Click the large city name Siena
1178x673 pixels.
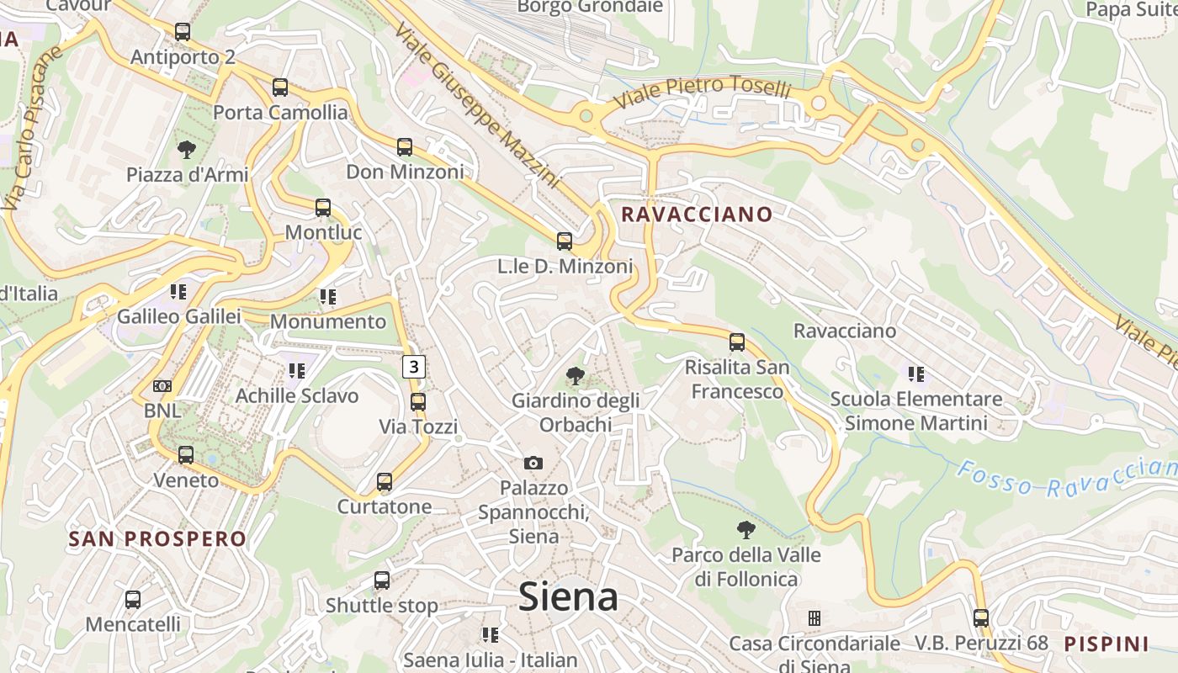(x=568, y=596)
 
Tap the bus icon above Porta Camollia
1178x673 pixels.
(x=280, y=87)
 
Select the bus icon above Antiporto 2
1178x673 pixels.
(x=183, y=32)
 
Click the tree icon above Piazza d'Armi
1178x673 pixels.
(x=187, y=150)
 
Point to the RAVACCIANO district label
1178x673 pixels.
(x=696, y=215)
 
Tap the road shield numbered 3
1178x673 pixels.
(x=414, y=367)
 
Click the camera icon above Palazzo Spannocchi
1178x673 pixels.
(x=533, y=463)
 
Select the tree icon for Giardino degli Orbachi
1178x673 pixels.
(x=576, y=375)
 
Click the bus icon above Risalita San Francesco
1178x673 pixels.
(x=737, y=342)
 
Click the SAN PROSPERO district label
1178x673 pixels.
(x=157, y=539)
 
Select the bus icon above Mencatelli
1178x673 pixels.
(x=133, y=600)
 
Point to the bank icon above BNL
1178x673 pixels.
(x=162, y=386)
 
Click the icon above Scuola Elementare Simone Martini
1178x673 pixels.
(x=916, y=374)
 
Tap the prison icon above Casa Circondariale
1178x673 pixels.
(x=814, y=618)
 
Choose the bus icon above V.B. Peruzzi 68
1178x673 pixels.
(x=981, y=618)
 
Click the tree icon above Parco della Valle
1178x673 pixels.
(x=746, y=530)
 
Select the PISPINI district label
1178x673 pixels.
(x=1106, y=644)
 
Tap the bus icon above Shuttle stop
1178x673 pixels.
(x=382, y=580)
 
